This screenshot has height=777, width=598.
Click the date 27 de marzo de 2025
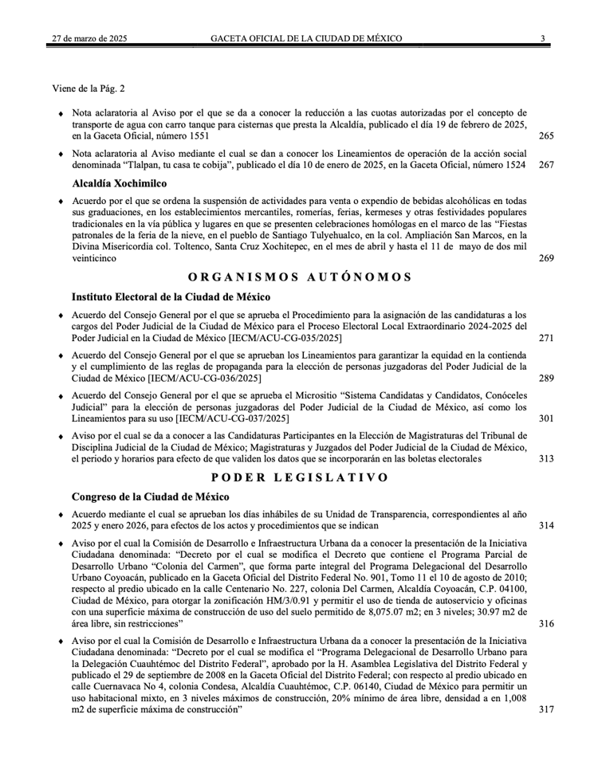point(88,38)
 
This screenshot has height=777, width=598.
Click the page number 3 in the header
point(542,38)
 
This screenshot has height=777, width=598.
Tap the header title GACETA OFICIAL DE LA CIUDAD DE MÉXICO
point(306,38)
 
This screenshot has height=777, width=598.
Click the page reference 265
point(546,136)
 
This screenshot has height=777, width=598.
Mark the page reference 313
point(546,458)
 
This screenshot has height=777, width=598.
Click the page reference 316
point(546,622)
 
